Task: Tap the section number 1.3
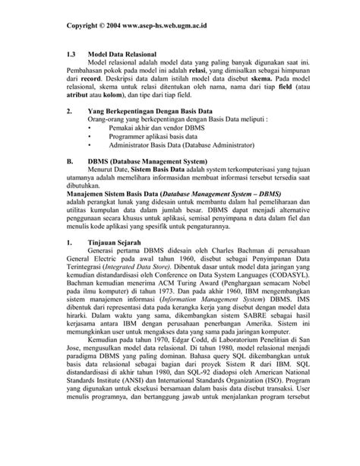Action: [x=72, y=56]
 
